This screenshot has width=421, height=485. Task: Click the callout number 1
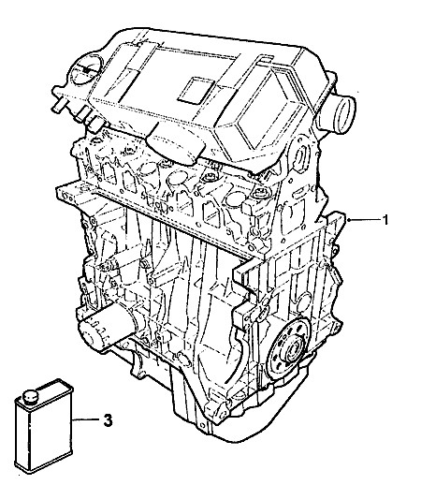coord(385,220)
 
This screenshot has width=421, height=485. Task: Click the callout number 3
coord(108,420)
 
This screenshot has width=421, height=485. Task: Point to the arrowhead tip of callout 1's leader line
coord(347,220)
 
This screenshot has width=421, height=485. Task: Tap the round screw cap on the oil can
coord(29,397)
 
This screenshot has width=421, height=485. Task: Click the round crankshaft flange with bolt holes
coord(288,345)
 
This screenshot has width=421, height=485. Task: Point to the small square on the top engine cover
coord(197,90)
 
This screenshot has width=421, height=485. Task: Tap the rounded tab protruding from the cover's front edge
coord(176,144)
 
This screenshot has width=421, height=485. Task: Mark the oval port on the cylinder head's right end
coord(301,159)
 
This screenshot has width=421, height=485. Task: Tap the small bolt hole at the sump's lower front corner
coord(222,415)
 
